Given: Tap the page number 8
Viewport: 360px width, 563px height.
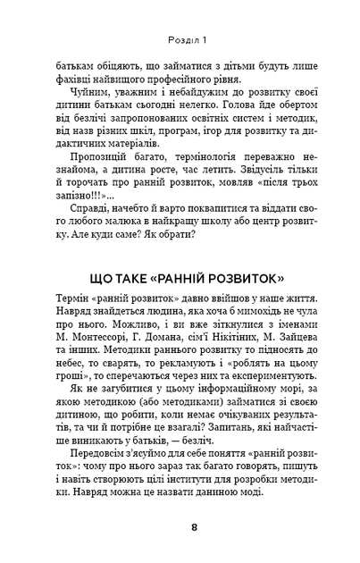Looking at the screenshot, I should pyautogui.click(x=180, y=526).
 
